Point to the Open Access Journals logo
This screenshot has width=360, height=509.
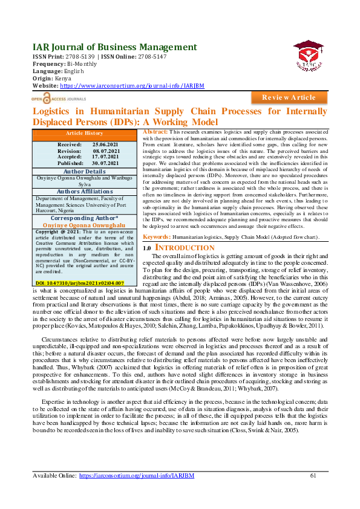click(57, 97)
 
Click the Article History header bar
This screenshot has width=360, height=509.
click(85, 133)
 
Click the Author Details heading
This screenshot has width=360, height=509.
click(85, 171)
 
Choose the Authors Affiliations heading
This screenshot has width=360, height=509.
click(85, 192)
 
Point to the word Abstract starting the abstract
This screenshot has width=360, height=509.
click(155, 131)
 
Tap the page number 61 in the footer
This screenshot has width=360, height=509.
click(313, 476)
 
